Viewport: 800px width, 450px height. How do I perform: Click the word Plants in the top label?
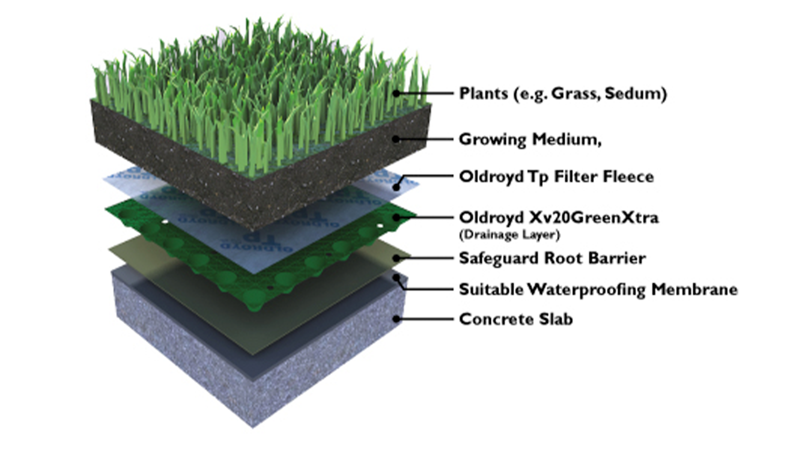pyautogui.click(x=483, y=93)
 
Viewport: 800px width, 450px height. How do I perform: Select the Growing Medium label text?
pyautogui.click(x=530, y=139)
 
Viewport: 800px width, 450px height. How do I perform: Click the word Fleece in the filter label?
pyautogui.click(x=628, y=177)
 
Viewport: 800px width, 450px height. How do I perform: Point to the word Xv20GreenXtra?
pyautogui.click(x=594, y=217)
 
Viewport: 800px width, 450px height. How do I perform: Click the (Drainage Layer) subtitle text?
pyautogui.click(x=509, y=235)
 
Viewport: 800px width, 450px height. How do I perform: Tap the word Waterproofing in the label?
pyautogui.click(x=587, y=289)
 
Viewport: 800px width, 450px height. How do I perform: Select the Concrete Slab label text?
pyautogui.click(x=516, y=319)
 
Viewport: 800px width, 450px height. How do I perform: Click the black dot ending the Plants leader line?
pyautogui.click(x=396, y=93)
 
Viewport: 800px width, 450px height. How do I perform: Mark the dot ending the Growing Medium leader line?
pyautogui.click(x=396, y=139)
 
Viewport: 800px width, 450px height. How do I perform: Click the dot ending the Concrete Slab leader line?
pyautogui.click(x=396, y=319)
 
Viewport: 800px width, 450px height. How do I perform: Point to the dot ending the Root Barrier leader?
pyautogui.click(x=396, y=258)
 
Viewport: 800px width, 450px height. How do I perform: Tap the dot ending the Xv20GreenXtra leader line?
pyautogui.click(x=396, y=217)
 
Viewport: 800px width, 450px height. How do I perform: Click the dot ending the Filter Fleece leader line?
pyautogui.click(x=396, y=187)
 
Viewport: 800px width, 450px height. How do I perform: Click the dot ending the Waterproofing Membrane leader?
pyautogui.click(x=396, y=277)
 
